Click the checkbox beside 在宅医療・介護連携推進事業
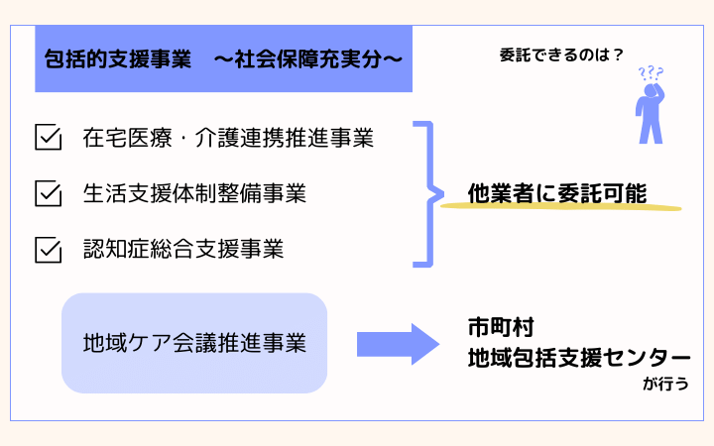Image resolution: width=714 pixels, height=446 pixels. [48, 137]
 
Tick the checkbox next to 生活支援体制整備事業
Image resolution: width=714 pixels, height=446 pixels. [48, 192]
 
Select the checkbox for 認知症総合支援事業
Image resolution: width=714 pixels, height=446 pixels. [48, 248]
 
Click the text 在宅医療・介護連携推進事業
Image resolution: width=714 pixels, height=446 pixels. [228, 138]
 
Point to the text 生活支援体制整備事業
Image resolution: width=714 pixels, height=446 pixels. [194, 193]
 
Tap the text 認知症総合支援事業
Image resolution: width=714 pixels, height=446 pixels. [183, 249]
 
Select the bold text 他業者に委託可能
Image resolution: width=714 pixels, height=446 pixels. [557, 193]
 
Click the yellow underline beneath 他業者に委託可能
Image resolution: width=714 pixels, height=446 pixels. [560, 208]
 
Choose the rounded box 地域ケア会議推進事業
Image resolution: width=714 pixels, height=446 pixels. [194, 343]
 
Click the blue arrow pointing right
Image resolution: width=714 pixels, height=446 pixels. [398, 344]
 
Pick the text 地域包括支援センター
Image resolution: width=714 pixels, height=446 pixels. [579, 359]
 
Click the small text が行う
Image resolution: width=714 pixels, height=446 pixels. [665, 384]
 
